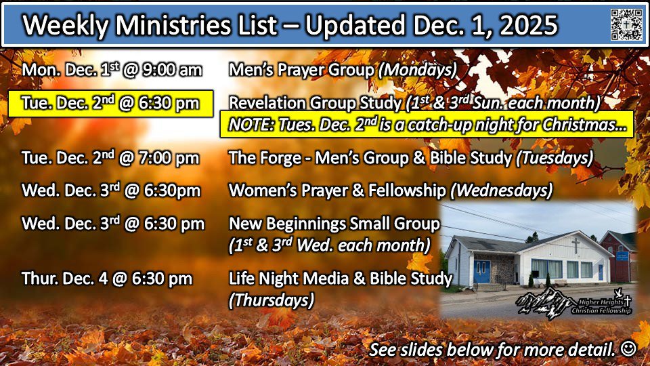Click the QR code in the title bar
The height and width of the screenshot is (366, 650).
626,24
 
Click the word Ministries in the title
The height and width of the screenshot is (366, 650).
173,25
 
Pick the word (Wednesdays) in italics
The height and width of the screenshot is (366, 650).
501,191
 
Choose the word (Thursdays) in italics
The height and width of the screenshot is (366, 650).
272,300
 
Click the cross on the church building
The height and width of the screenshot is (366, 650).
576,245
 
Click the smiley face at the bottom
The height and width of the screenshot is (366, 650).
628,348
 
